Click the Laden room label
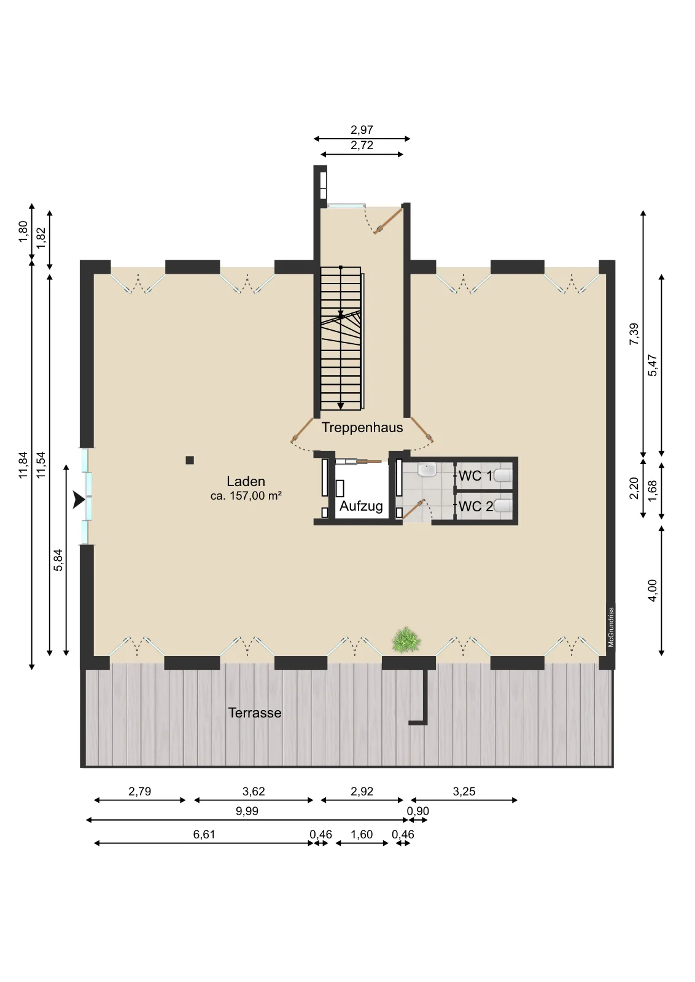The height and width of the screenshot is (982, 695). (246, 481)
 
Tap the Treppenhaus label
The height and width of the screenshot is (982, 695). (362, 427)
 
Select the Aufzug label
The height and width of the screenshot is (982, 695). (361, 506)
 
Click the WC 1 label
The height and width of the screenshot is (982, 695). (475, 476)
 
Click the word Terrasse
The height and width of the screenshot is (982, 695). (254, 713)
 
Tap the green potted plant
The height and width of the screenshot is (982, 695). (406, 641)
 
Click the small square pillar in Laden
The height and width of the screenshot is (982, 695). (190, 460)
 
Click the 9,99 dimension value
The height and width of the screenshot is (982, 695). (247, 811)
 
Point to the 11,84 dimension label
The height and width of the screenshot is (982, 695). (23, 465)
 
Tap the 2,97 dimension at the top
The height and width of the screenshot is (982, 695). (362, 130)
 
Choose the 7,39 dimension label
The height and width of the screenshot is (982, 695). (634, 334)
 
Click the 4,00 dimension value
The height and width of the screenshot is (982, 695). (652, 590)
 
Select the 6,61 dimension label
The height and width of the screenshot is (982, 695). (204, 834)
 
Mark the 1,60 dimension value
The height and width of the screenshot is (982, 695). (362, 834)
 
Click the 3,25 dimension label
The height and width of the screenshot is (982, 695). (464, 791)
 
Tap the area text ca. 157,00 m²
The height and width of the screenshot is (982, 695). (246, 496)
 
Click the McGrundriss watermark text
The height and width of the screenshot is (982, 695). (611, 627)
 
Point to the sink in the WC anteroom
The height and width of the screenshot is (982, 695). (427, 470)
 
